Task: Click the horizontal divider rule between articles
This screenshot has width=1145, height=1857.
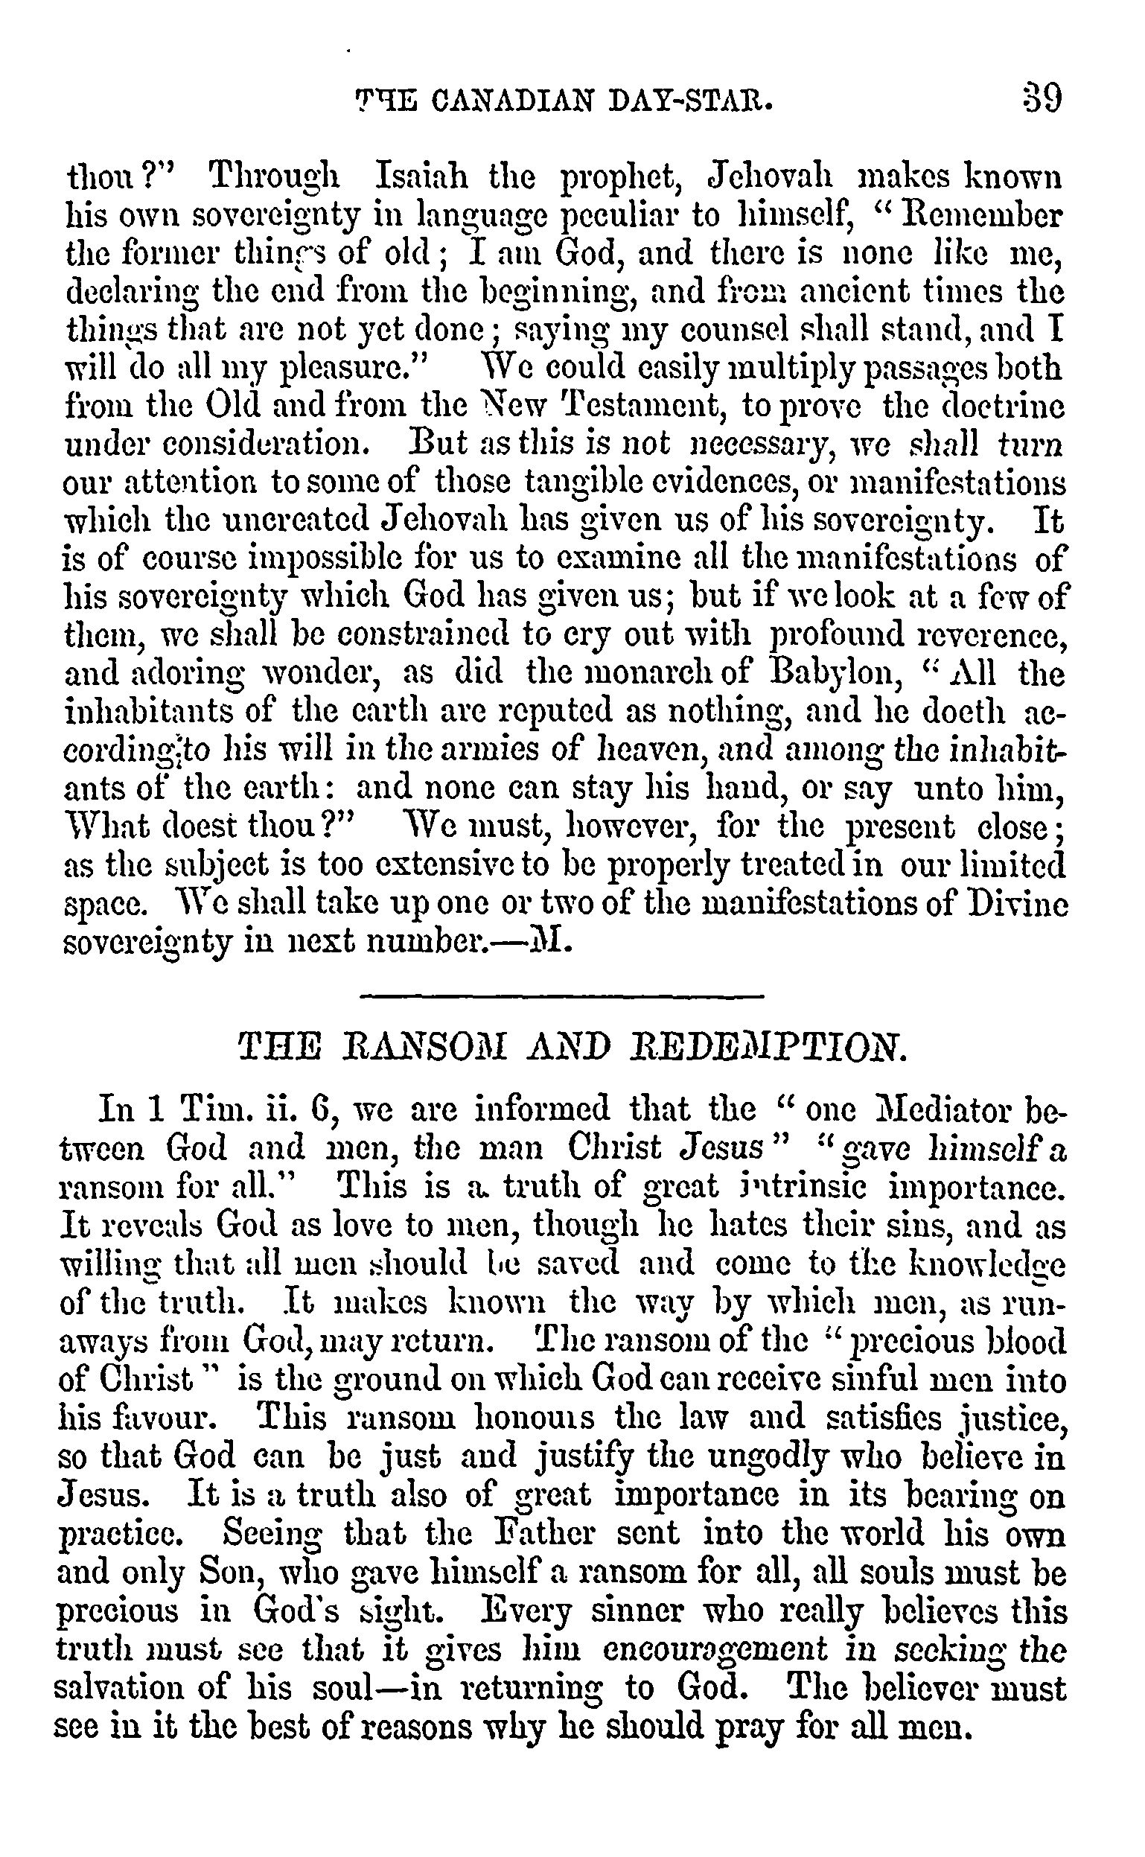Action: [x=562, y=996]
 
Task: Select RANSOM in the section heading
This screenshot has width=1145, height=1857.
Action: [x=409, y=1051]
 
